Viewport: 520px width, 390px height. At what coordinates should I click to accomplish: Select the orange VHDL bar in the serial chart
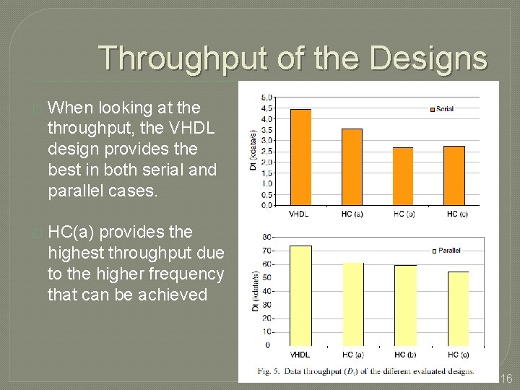pos(300,157)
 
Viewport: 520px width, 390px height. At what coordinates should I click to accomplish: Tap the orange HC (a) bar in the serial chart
pos(352,167)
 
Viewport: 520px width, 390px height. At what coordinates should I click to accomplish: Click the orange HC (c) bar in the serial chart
pos(454,175)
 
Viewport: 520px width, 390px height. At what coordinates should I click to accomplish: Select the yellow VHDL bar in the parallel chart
pos(300,295)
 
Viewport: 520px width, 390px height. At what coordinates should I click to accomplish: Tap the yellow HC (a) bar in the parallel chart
pos(353,304)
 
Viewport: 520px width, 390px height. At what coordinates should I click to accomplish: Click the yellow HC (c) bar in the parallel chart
pos(458,308)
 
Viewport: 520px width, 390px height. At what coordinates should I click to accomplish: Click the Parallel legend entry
pos(446,251)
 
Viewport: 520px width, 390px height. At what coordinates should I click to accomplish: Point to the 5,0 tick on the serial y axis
pos(266,97)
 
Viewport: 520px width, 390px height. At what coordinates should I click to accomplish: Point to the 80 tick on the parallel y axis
pos(267,238)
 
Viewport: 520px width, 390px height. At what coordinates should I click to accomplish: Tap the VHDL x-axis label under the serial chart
pos(300,214)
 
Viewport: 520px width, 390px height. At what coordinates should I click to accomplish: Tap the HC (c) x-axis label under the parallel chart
pos(458,355)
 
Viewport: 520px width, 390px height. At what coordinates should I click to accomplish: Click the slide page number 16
pos(506,379)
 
